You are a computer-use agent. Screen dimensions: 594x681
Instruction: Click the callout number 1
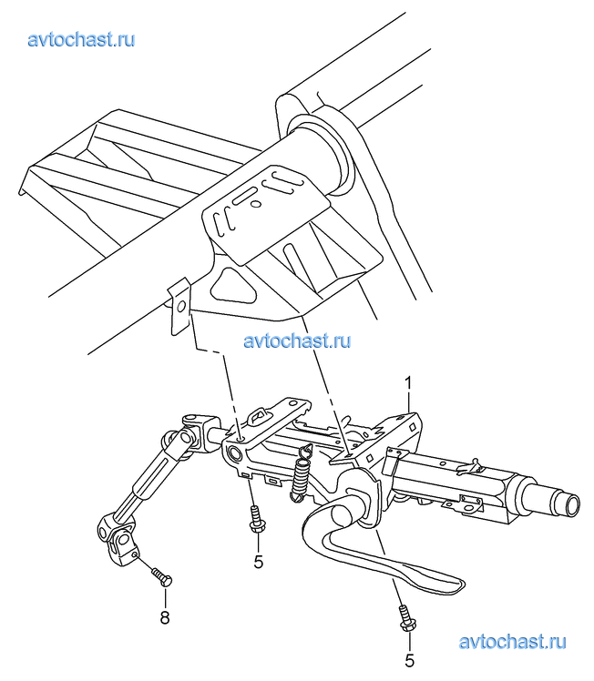tap(408, 384)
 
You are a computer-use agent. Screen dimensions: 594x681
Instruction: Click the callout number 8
tap(165, 617)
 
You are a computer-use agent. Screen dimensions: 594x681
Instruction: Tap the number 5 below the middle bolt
tap(259, 562)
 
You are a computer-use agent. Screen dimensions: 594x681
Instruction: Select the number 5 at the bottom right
tap(409, 661)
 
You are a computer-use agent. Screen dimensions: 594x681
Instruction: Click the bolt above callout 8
tap(162, 577)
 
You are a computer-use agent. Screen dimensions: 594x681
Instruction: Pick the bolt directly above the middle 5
tap(255, 519)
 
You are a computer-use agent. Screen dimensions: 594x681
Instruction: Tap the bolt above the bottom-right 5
tap(405, 618)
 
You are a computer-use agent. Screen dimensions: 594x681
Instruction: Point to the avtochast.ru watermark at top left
tap(81, 39)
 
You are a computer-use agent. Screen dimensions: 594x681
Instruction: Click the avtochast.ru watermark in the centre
tap(297, 340)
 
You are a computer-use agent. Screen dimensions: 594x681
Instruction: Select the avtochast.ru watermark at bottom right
tap(512, 642)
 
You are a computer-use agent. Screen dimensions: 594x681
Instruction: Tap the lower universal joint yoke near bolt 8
tap(118, 539)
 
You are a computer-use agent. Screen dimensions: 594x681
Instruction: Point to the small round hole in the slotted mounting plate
tap(256, 203)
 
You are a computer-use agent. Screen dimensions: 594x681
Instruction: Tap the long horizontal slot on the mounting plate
tap(247, 196)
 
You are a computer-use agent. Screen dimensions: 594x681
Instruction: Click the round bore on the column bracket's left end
tap(235, 454)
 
